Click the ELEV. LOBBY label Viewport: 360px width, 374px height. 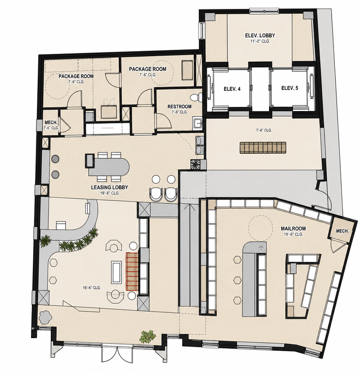coord(260,36)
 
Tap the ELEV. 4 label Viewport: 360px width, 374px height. coord(232,89)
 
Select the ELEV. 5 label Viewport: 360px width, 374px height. coord(290,88)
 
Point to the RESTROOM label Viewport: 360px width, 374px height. coord(179,107)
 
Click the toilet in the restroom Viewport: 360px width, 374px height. coord(196,97)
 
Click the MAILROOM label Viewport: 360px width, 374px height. coord(293,228)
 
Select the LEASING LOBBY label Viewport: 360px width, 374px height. coord(109,187)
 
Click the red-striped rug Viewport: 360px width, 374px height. coord(132,272)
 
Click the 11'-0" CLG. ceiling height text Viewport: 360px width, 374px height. coord(260,41)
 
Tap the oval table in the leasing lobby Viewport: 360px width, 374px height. coord(109,166)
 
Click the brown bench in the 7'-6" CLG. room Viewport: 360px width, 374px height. coord(263,147)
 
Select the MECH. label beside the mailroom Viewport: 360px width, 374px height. coord(342,231)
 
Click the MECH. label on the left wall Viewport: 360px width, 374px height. coord(51,123)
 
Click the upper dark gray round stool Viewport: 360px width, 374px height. coord(55,159)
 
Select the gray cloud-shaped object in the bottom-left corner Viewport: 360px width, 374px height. coord(45,317)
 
